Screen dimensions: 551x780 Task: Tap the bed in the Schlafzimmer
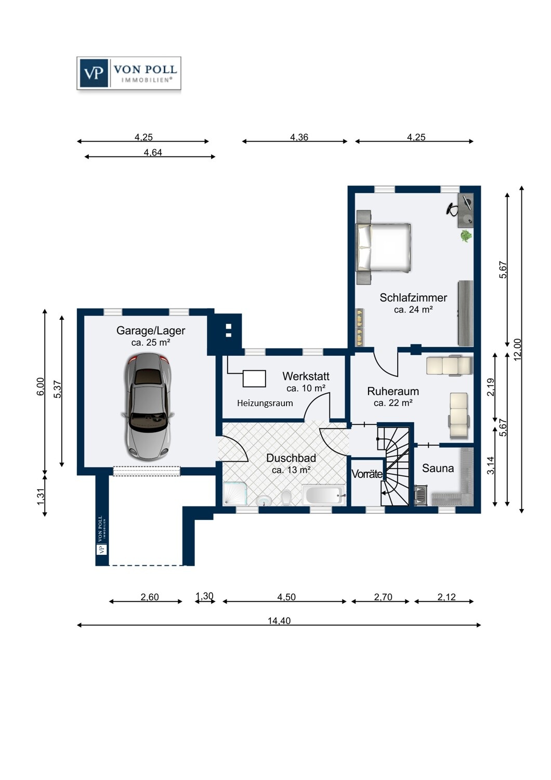click(383, 248)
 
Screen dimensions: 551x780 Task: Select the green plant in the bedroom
click(466, 236)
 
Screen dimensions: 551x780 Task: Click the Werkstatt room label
click(306, 376)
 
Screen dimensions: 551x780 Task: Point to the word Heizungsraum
click(265, 403)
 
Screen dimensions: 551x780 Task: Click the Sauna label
click(438, 469)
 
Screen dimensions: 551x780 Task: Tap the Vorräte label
click(367, 474)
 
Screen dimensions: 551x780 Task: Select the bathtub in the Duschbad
click(324, 495)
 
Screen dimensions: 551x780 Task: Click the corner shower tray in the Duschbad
click(235, 493)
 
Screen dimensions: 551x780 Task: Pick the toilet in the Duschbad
click(286, 497)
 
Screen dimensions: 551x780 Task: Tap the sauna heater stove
click(421, 495)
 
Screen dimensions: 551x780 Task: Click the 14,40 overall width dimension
click(279, 626)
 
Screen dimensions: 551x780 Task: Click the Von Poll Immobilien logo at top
click(129, 73)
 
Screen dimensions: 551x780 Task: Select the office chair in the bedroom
click(452, 209)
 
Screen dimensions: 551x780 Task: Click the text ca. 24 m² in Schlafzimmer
click(413, 309)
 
